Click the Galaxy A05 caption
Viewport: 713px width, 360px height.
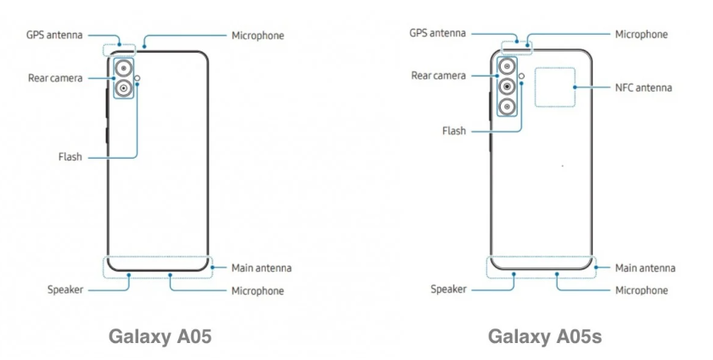point(160,336)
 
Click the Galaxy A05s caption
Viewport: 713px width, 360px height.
point(545,336)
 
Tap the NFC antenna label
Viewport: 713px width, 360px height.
point(643,87)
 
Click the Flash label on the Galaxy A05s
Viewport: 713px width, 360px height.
point(453,132)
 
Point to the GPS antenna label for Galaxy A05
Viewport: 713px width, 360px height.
point(52,36)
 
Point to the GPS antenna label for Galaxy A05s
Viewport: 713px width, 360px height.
point(437,33)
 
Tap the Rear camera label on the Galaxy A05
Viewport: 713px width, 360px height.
point(55,78)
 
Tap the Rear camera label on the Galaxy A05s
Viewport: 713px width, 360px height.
point(438,76)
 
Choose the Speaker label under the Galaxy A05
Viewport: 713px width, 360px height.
point(65,290)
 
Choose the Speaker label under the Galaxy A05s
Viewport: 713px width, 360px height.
point(449,290)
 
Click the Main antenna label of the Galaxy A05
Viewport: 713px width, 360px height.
point(261,267)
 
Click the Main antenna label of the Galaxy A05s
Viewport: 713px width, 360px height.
point(645,267)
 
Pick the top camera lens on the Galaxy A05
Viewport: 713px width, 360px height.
point(124,68)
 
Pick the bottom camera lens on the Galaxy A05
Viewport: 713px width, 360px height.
point(124,88)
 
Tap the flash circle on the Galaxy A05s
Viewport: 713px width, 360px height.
point(522,76)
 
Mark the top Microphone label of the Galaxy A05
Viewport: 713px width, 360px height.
point(257,36)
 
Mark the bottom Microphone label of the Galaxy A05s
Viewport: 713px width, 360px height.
point(641,290)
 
